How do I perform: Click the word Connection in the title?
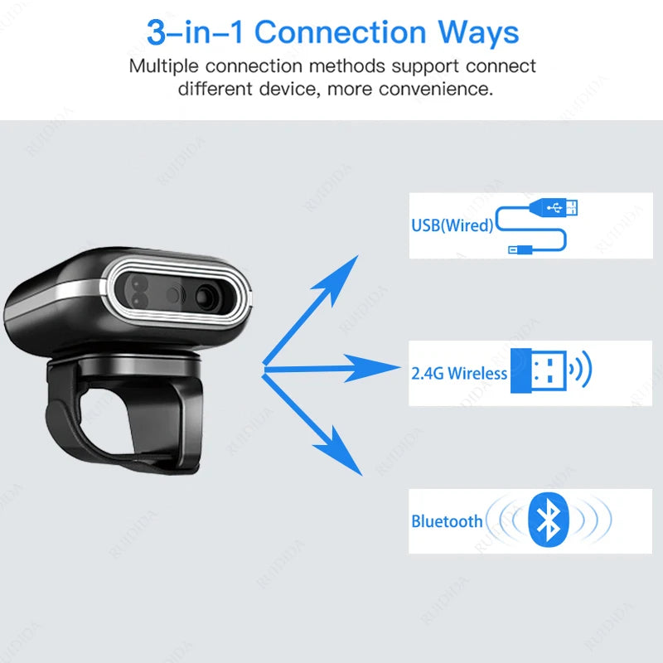click(x=340, y=32)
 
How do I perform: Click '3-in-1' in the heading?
click(x=195, y=32)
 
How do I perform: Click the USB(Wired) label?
click(x=452, y=225)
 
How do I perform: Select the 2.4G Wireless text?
click(x=459, y=373)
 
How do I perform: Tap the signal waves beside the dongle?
click(x=582, y=369)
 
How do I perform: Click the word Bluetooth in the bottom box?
click(x=447, y=521)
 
